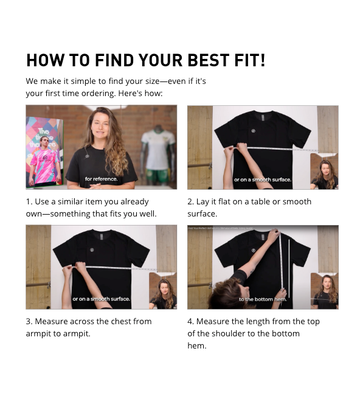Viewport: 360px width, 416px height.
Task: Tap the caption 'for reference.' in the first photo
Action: tap(101, 179)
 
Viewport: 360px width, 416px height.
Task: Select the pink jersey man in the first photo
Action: tap(44, 162)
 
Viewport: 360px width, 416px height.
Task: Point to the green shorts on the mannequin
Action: tap(157, 176)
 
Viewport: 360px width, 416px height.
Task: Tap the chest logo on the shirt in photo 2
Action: tap(253, 131)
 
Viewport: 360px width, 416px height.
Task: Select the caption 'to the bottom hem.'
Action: tap(263, 299)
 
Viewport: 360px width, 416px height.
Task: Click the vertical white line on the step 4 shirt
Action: tap(289, 268)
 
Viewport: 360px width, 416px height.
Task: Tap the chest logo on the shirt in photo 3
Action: tap(92, 250)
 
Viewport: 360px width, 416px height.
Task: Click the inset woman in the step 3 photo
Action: tap(163, 294)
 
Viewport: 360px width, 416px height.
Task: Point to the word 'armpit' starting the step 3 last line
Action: tap(38, 334)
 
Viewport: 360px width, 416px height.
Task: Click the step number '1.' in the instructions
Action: tap(29, 202)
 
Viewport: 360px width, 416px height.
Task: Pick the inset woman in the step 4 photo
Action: tap(325, 293)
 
